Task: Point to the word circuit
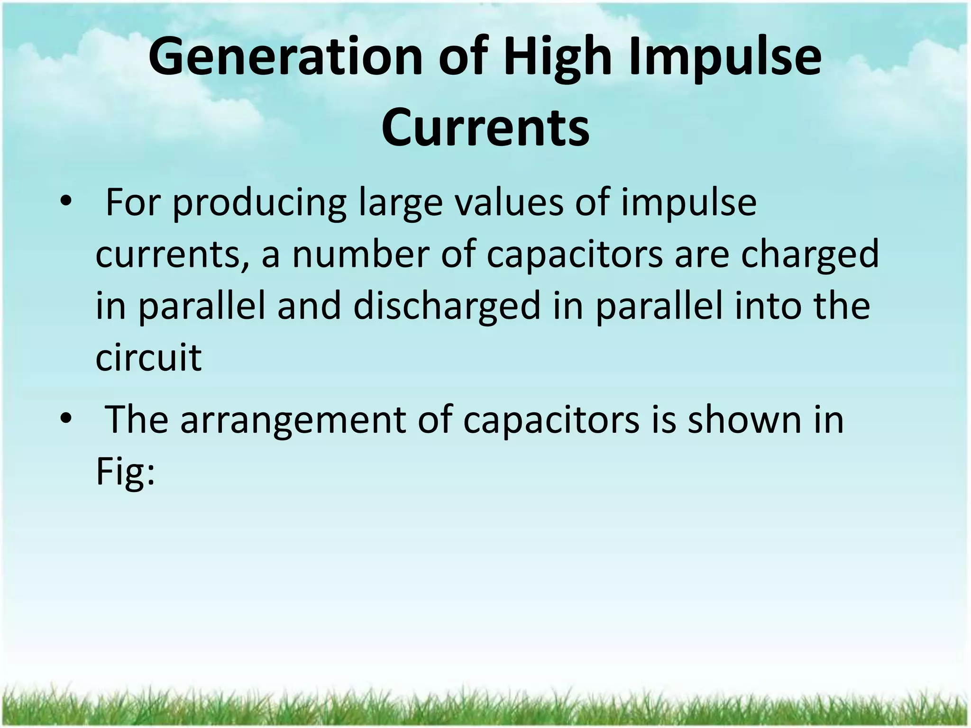pos(148,357)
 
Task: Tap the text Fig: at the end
pos(125,472)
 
